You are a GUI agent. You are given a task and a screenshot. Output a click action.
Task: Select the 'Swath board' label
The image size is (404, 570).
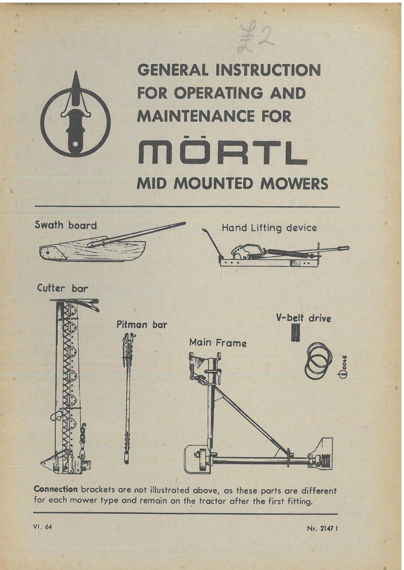66,225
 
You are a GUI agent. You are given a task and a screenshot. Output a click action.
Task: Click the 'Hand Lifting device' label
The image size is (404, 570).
269,228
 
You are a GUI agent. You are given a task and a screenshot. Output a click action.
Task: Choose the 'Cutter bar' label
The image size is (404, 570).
62,288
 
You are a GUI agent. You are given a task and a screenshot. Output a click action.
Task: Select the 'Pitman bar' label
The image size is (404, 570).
142,325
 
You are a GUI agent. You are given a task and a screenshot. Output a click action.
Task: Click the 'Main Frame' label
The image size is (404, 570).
218,343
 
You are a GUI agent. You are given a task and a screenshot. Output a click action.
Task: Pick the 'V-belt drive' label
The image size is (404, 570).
304,318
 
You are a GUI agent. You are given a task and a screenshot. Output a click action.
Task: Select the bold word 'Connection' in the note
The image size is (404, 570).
56,489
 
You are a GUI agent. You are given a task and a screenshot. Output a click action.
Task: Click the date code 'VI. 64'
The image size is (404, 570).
42,527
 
